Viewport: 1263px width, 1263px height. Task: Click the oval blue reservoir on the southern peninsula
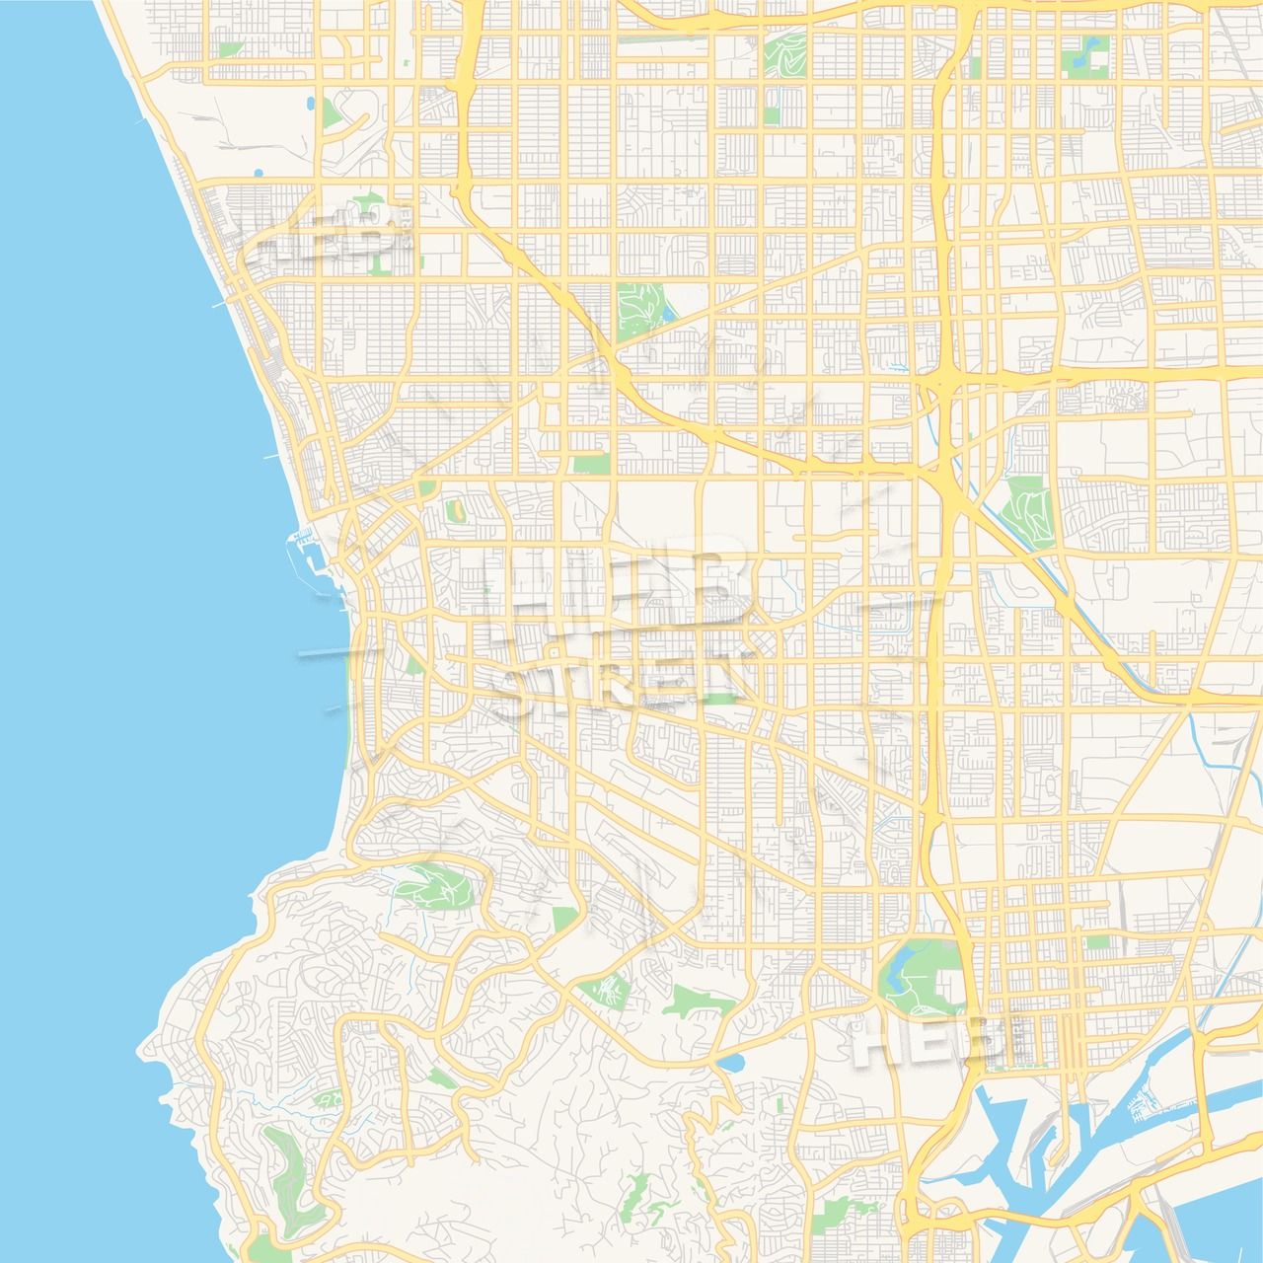(x=731, y=1064)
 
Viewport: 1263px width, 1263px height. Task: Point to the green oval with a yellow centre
(x=456, y=511)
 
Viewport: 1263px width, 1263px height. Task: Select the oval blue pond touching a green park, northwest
(x=311, y=103)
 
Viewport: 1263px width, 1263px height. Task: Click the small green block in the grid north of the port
(x=1097, y=942)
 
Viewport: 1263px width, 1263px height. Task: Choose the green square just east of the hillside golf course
(x=563, y=920)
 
